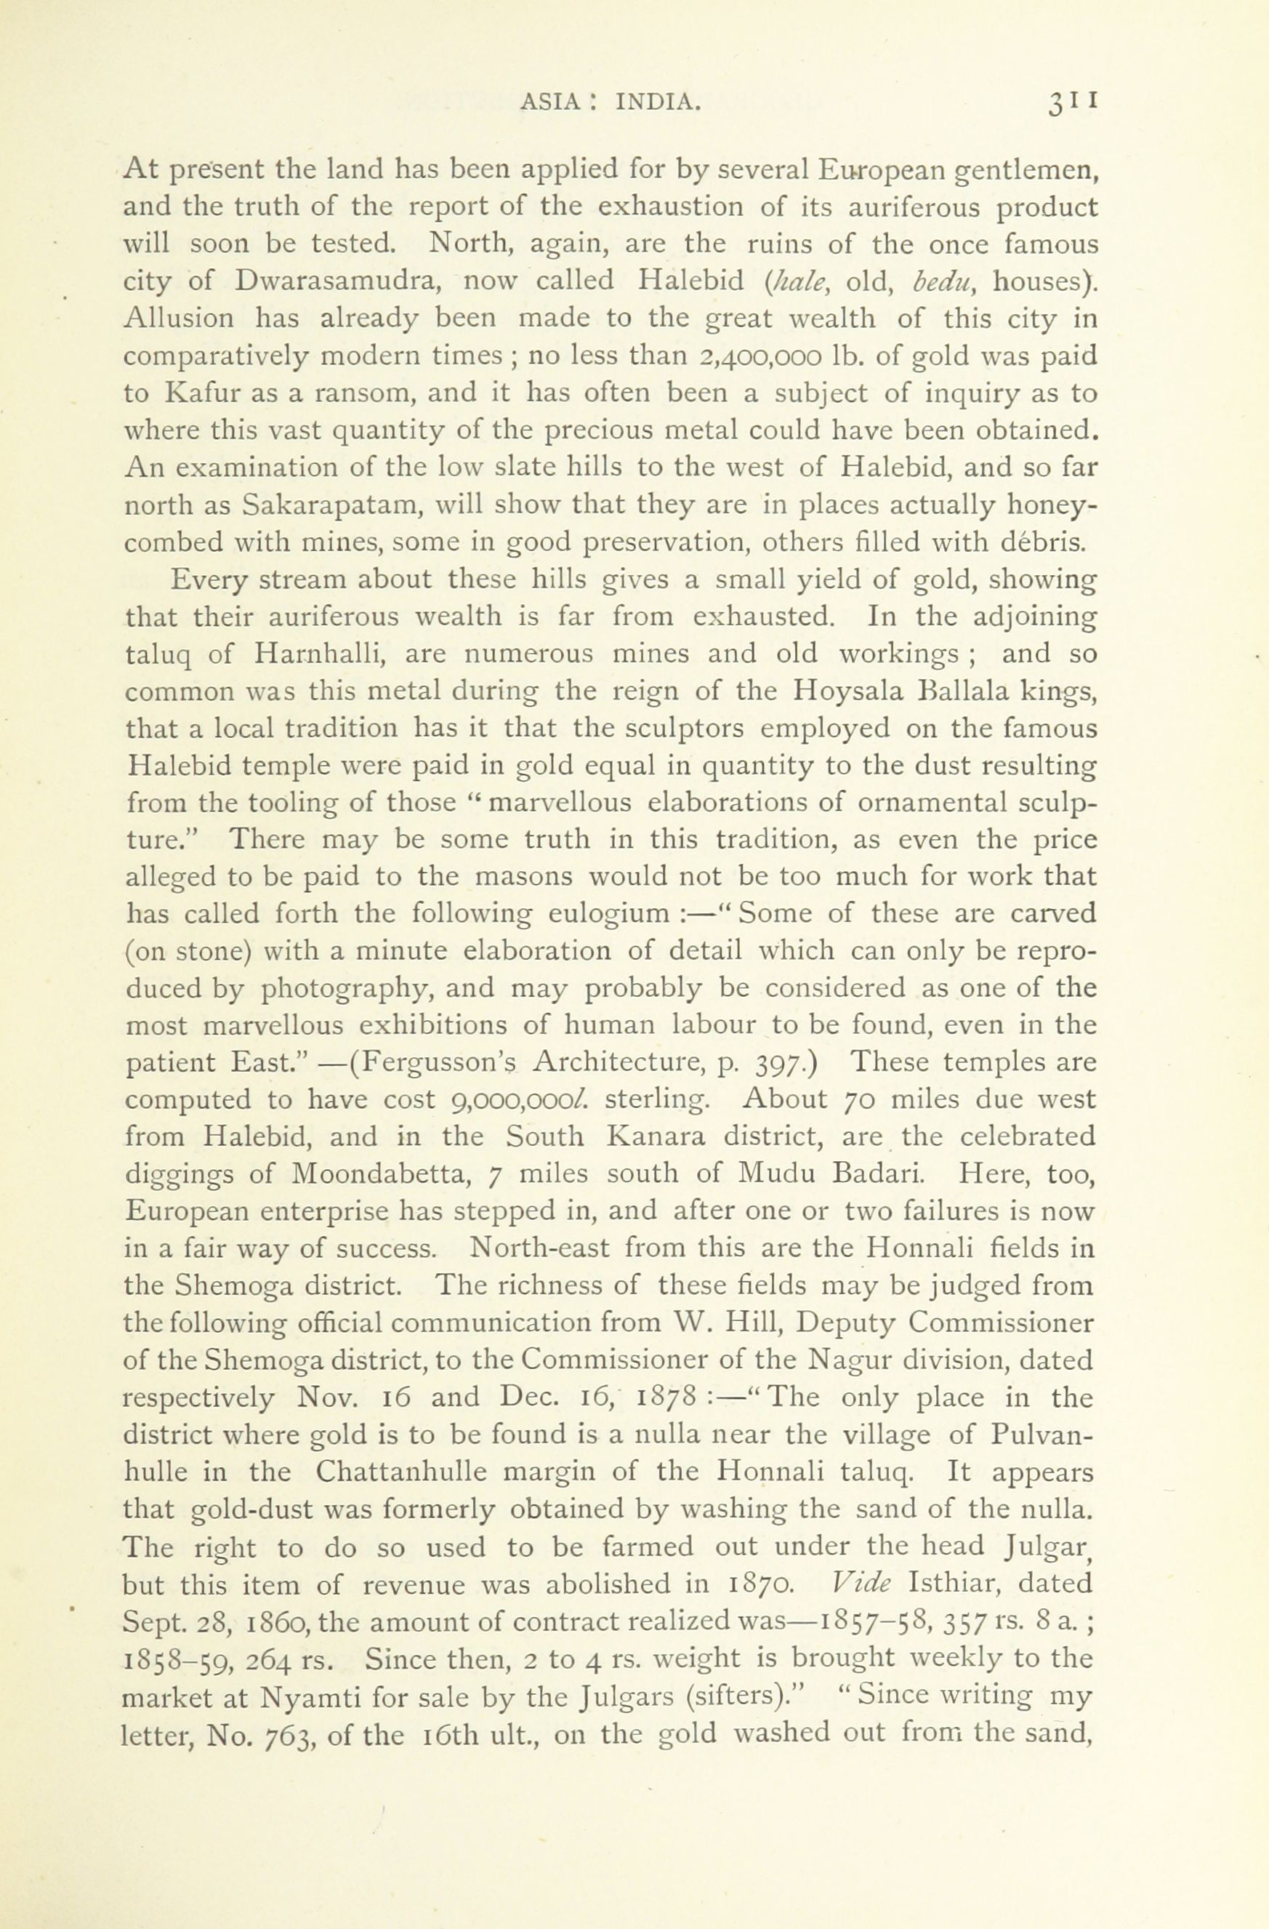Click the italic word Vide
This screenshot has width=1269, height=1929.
tap(861, 1583)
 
